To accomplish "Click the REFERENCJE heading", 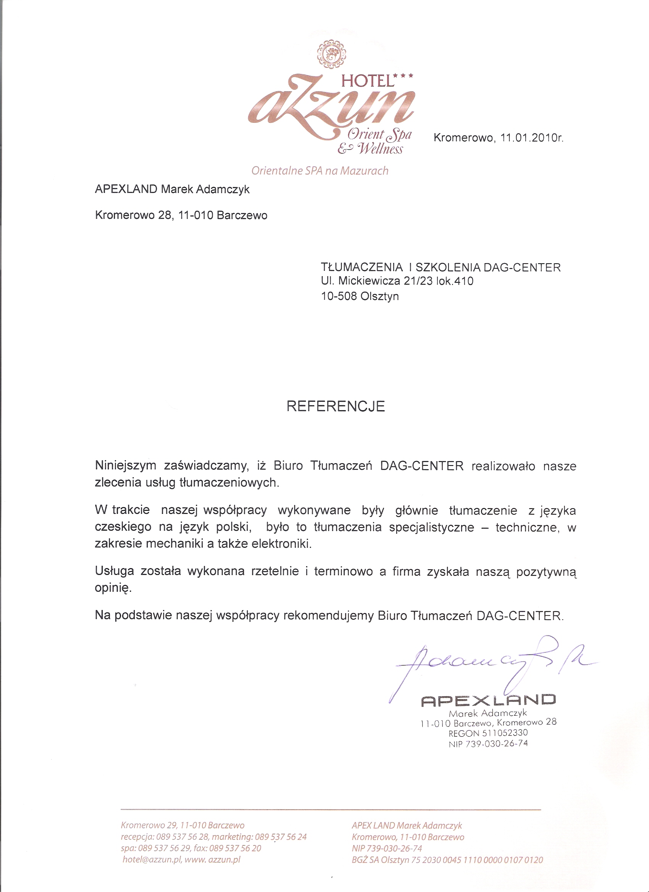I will (x=335, y=406).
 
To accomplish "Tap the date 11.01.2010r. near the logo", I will (x=532, y=138).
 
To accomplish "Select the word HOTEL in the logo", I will (x=368, y=81).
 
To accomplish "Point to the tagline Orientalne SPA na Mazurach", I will (x=320, y=171).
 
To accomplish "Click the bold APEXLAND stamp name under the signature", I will (x=488, y=700).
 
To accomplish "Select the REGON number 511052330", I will (x=505, y=733).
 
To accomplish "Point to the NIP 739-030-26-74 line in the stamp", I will (x=488, y=744).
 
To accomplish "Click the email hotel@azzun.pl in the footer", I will (x=152, y=859).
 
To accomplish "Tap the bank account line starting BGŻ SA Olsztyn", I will (x=447, y=860).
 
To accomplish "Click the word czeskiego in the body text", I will (x=123, y=527).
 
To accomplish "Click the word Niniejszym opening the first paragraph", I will (x=126, y=466).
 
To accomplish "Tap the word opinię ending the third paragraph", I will (x=113, y=588).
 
